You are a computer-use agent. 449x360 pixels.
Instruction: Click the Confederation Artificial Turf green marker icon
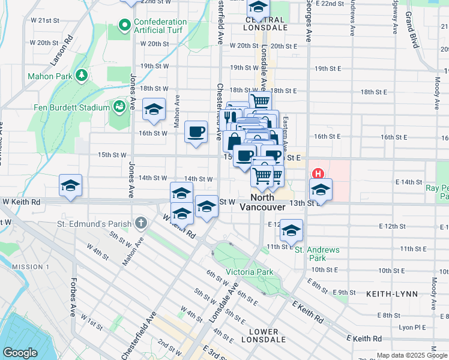point(125,25)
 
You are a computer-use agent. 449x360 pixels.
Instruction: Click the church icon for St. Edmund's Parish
point(140,224)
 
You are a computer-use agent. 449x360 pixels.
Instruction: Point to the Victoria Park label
point(249,272)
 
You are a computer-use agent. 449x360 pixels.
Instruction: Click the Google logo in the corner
point(20,353)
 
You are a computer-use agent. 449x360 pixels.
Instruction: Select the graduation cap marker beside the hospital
point(321,190)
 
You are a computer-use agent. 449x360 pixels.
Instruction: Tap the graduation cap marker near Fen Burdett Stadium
point(154,109)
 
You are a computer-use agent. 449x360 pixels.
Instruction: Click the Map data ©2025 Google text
point(412,355)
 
